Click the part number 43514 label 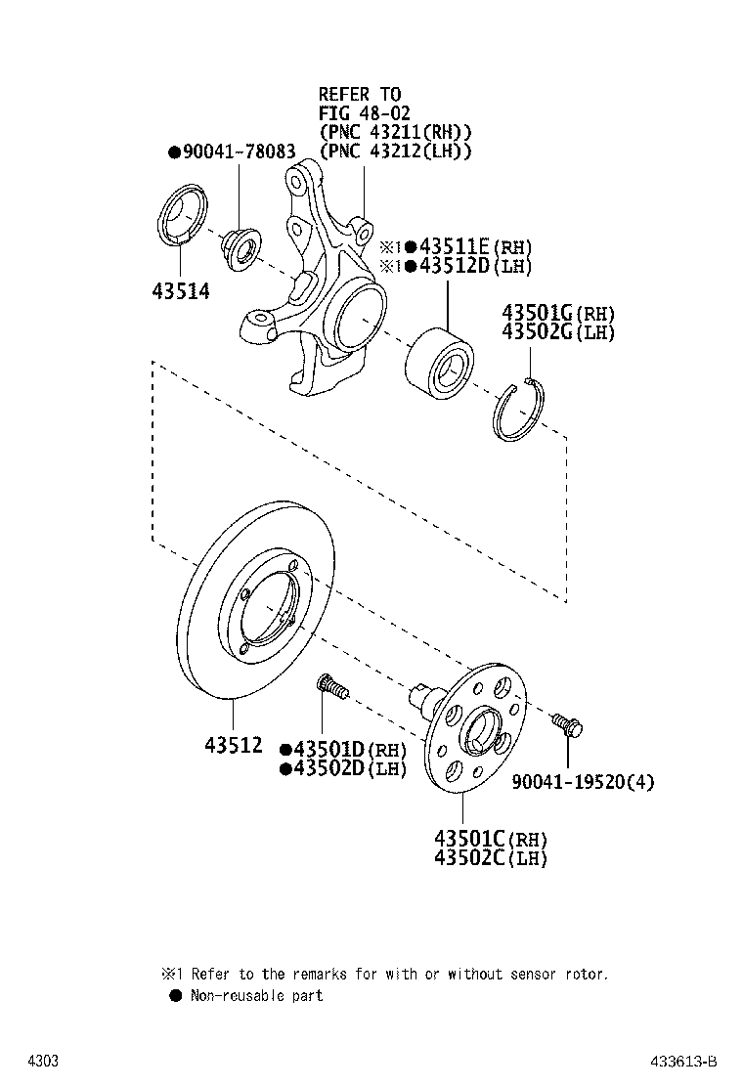click(x=181, y=291)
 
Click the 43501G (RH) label click(x=558, y=313)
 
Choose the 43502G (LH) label click(x=558, y=332)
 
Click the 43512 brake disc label click(x=234, y=744)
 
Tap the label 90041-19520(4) click(x=584, y=781)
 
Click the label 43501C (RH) click(x=490, y=839)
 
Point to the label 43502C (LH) click(x=490, y=858)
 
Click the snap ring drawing click(x=521, y=412)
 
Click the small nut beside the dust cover click(x=239, y=245)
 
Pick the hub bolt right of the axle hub click(x=566, y=725)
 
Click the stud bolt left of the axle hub click(x=331, y=688)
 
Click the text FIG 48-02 click(x=360, y=112)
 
